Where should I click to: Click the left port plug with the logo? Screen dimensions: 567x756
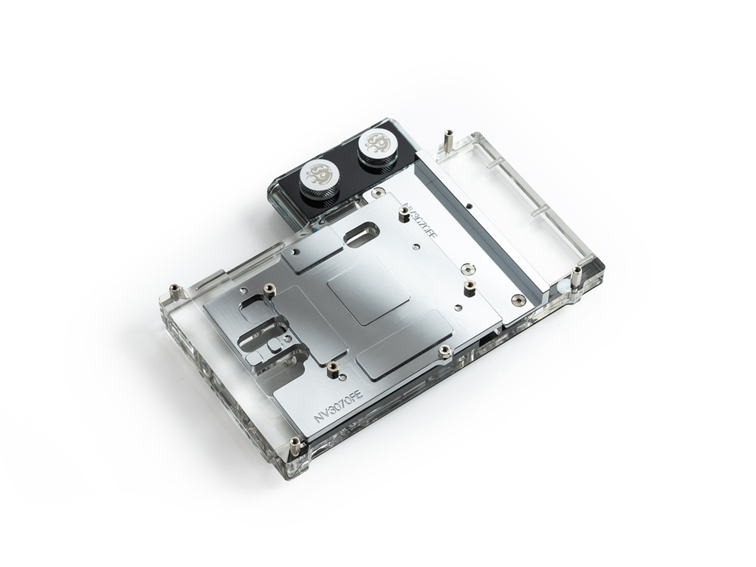tap(320, 176)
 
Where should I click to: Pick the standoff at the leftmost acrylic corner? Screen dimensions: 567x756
tap(174, 290)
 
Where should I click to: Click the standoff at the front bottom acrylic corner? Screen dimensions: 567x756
tap(295, 446)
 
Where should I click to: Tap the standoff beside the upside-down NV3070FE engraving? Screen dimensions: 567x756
tap(404, 214)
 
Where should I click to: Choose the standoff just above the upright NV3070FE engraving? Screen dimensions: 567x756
tap(333, 367)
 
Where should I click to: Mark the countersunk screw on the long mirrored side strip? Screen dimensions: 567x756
tap(518, 300)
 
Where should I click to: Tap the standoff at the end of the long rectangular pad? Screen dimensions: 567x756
tap(444, 351)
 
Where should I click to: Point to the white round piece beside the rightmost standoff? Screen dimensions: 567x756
tap(565, 283)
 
